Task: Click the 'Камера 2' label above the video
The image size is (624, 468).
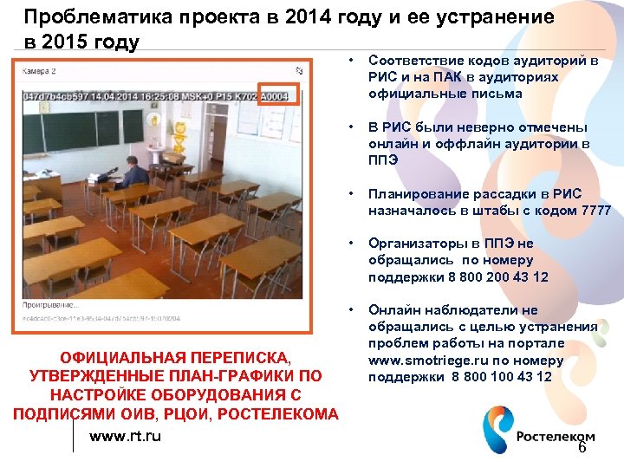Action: [40, 70]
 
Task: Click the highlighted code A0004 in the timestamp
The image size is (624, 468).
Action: [277, 94]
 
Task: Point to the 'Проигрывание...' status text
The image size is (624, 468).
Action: [50, 306]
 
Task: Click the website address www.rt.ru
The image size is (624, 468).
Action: [125, 436]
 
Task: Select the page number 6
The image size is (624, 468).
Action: [582, 447]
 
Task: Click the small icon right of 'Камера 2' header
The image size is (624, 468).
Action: [298, 71]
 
